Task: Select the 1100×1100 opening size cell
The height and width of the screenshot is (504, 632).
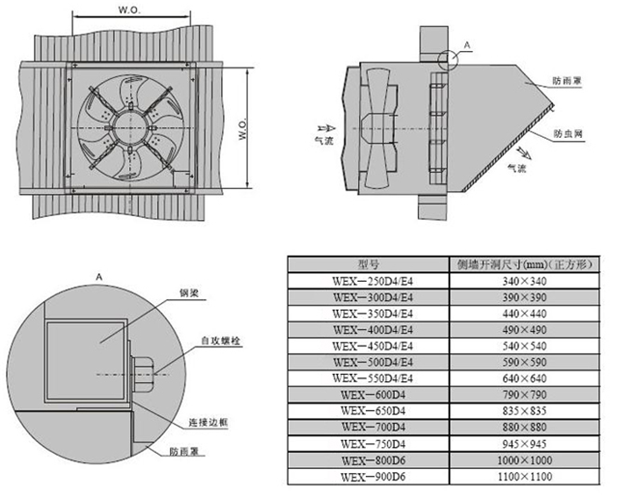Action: [x=525, y=477]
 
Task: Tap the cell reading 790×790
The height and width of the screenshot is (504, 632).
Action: [x=525, y=395]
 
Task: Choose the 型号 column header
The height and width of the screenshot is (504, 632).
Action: [x=369, y=264]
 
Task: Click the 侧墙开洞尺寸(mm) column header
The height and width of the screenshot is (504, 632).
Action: [x=525, y=264]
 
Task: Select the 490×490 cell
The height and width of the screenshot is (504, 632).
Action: [x=525, y=330]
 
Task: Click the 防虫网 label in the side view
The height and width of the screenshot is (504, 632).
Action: [x=568, y=133]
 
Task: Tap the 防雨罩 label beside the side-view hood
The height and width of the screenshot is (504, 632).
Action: [x=567, y=81]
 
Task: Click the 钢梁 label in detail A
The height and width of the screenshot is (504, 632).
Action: [x=189, y=293]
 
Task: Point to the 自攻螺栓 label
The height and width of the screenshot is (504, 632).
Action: [x=221, y=341]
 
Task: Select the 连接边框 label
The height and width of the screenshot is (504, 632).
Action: [x=208, y=422]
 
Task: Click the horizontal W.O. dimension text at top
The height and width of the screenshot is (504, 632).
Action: [x=130, y=10]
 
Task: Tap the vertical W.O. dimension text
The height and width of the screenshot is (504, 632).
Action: [x=242, y=129]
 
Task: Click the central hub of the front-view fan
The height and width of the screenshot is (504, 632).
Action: [x=131, y=127]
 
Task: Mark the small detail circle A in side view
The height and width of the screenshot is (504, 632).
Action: [x=448, y=60]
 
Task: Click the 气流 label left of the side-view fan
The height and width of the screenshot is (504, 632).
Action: [x=324, y=140]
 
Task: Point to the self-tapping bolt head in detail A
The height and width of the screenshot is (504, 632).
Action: [x=143, y=374]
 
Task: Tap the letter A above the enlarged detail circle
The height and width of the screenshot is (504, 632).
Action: [x=99, y=277]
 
